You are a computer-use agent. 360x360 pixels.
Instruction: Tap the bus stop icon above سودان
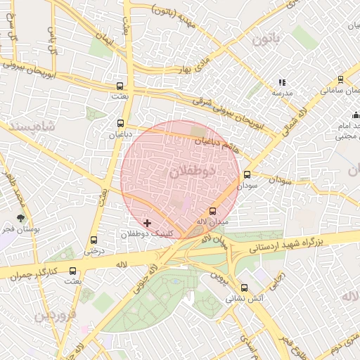click(246, 175)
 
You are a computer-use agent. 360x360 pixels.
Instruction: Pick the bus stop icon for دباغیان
click(120, 123)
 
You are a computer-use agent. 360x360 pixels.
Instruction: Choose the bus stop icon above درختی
click(95, 240)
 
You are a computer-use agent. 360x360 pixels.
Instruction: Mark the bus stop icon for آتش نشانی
click(244, 287)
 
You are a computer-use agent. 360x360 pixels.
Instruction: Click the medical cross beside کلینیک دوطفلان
click(147, 223)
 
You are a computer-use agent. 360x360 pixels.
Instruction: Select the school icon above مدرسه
click(283, 82)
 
